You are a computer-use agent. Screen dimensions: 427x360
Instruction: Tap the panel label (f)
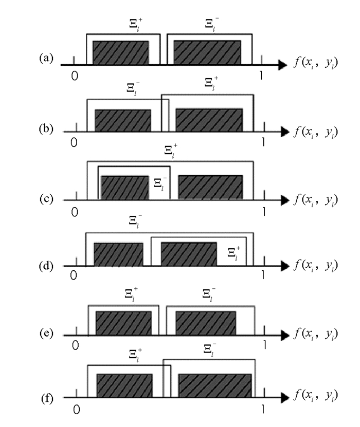coord(46,398)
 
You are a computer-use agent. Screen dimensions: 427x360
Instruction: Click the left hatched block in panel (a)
coord(120,53)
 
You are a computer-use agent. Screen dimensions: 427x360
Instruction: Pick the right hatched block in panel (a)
coord(207,53)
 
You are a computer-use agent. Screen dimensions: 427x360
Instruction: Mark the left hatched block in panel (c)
coord(125,188)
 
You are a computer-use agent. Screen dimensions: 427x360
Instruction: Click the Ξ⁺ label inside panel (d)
coord(234,252)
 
